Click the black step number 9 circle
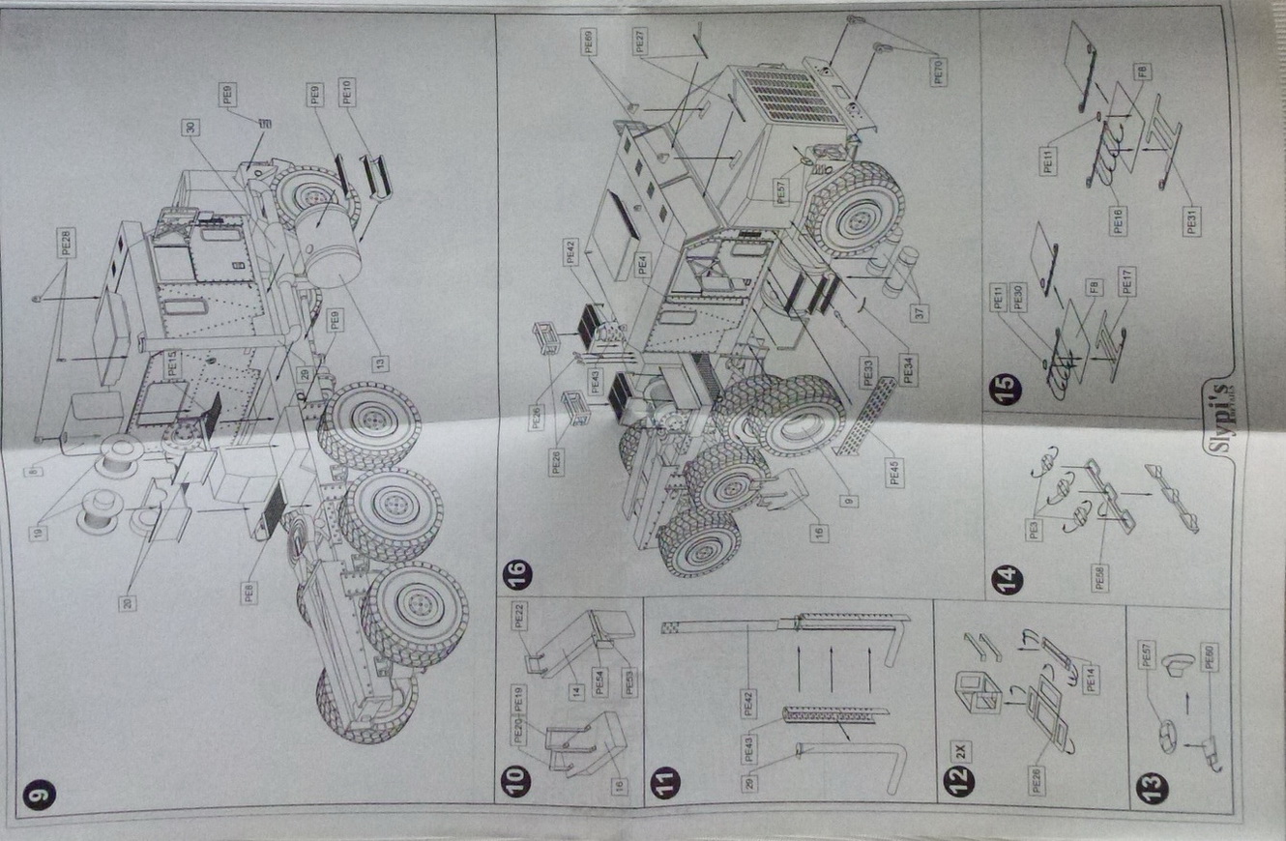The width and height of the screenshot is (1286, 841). [x=41, y=795]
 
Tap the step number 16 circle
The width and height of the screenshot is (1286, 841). [x=517, y=577]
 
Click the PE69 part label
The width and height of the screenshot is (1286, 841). [x=589, y=43]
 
